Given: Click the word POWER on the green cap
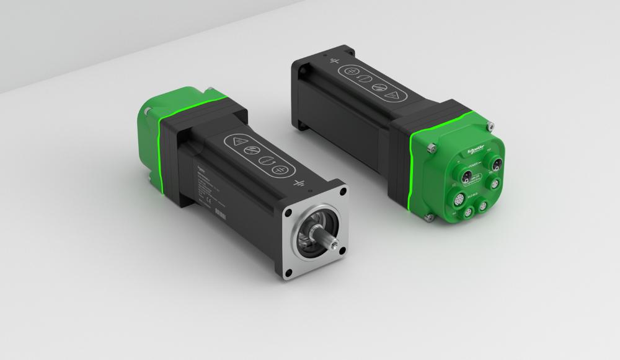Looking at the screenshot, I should coord(476,165).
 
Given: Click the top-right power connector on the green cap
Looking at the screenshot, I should coord(497,165).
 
